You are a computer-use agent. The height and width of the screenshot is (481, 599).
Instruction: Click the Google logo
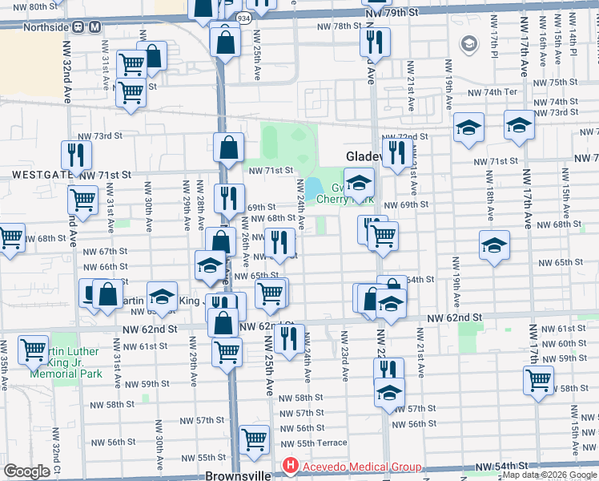[x=26, y=471]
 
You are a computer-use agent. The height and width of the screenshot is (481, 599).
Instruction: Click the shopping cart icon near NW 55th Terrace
[x=255, y=438]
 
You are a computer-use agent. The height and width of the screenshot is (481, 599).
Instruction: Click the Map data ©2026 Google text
[x=549, y=475]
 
